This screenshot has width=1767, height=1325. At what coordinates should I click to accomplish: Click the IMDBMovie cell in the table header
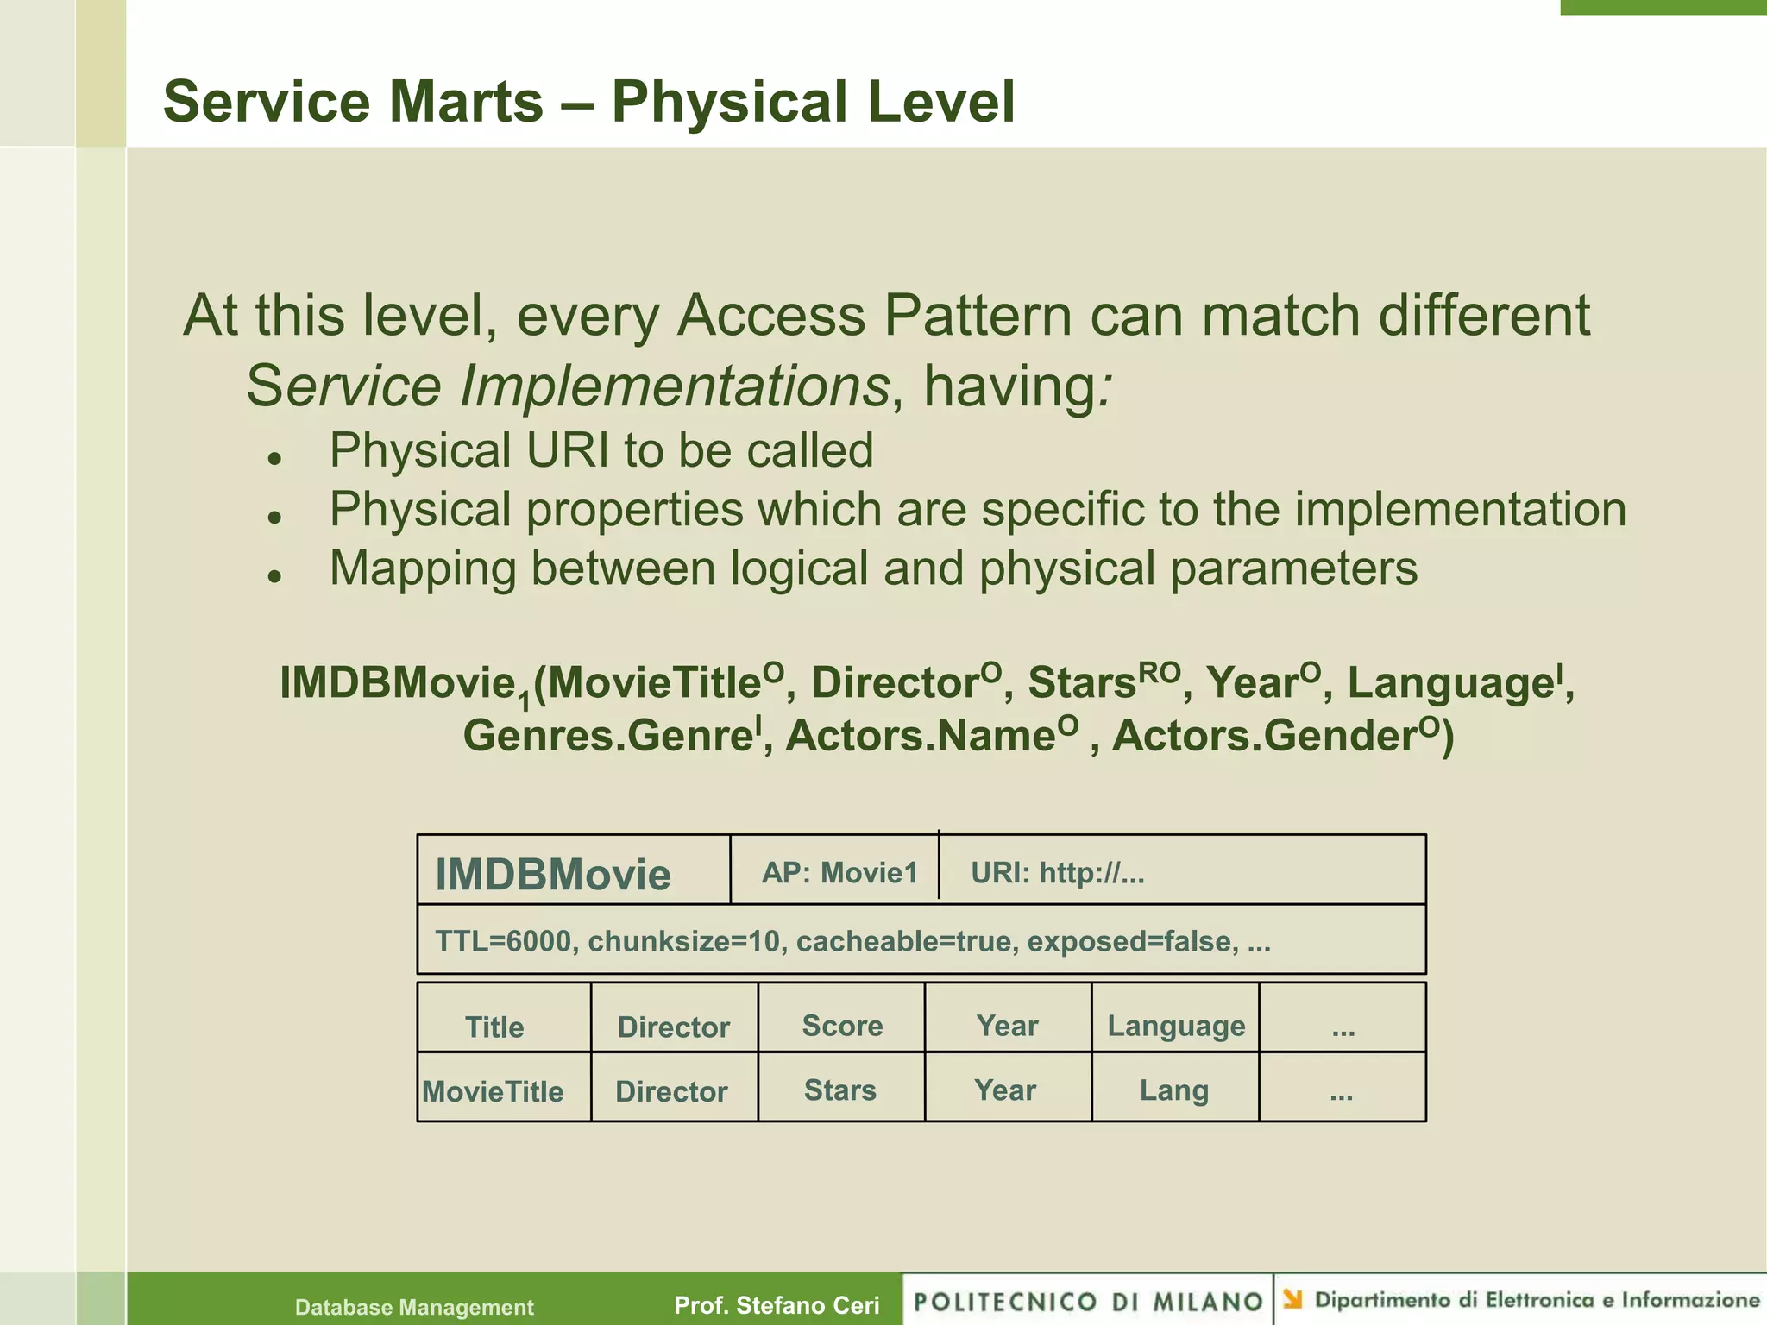(x=553, y=874)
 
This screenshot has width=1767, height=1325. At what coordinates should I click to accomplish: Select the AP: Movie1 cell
(x=839, y=872)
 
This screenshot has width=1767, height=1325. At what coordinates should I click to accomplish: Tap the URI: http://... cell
(x=1058, y=872)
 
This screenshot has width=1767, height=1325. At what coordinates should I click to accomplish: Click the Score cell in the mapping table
(x=842, y=1025)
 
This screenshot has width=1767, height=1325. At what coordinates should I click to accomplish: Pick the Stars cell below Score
(x=840, y=1090)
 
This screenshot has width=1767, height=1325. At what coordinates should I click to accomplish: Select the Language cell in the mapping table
(x=1175, y=1025)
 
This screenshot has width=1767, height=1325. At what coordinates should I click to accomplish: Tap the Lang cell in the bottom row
(x=1173, y=1090)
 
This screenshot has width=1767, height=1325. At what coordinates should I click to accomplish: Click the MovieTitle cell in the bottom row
(x=493, y=1091)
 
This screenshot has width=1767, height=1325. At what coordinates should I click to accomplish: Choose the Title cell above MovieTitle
(x=494, y=1027)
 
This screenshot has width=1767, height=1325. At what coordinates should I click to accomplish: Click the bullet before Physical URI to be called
(x=275, y=459)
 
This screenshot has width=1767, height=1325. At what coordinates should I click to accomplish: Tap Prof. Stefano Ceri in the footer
(x=777, y=1304)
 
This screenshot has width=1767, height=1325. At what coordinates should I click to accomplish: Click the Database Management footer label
(x=414, y=1307)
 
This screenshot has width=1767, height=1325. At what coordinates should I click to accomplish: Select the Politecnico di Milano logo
(x=1088, y=1301)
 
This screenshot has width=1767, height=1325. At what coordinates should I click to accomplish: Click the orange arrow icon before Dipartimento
(x=1292, y=1299)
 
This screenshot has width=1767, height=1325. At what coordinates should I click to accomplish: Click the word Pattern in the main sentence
(x=978, y=315)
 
